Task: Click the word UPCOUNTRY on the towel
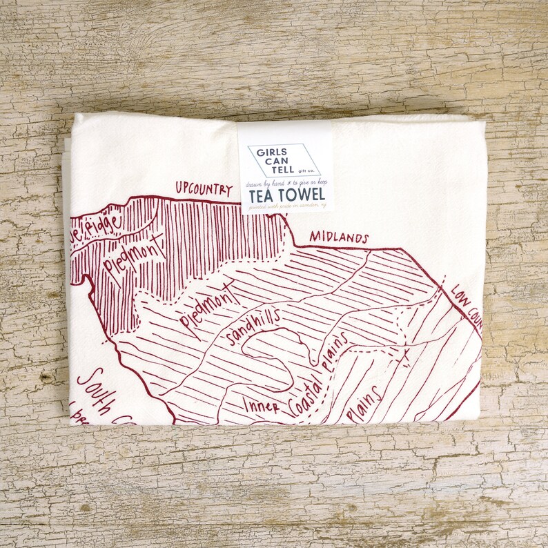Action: pos(204,189)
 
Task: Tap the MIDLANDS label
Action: pos(338,237)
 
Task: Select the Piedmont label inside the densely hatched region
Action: pos(135,252)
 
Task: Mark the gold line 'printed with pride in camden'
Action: pos(286,206)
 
